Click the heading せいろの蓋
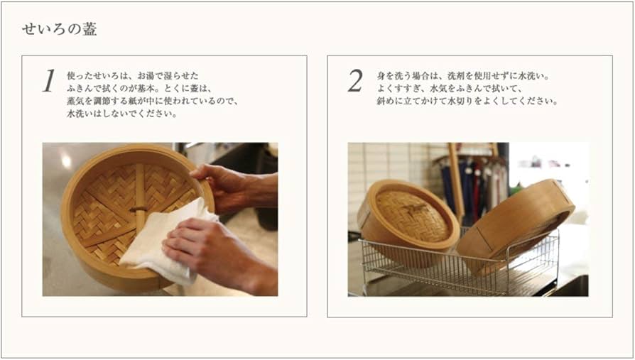[x=59, y=29]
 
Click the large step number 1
[x=48, y=80]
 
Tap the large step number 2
[x=355, y=80]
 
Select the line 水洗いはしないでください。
[x=122, y=114]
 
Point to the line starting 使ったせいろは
[x=133, y=76]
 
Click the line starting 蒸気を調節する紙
[x=152, y=102]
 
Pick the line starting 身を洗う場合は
[x=462, y=76]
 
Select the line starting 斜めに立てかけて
[x=467, y=102]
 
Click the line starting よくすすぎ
[x=450, y=88]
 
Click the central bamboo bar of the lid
[x=140, y=198]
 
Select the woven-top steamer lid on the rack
[x=408, y=217]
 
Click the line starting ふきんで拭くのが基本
[x=140, y=88]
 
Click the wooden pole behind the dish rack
[x=456, y=182]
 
